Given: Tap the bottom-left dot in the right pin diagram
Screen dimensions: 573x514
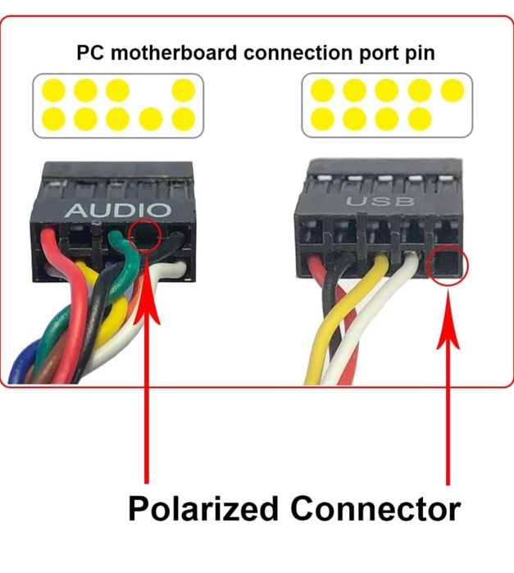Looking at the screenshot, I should [x=322, y=119].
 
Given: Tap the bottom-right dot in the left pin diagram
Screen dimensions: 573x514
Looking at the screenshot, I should [x=184, y=119].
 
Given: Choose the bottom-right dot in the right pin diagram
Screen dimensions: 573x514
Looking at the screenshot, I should [x=419, y=119].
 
